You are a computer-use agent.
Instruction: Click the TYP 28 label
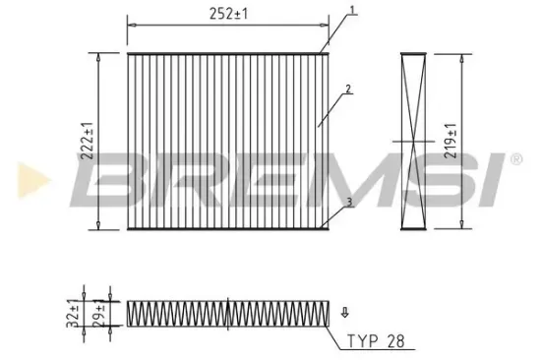click(x=376, y=343)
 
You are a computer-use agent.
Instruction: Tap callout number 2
click(x=349, y=90)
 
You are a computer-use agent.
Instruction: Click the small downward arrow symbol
click(x=344, y=315)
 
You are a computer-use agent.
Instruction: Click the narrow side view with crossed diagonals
click(x=411, y=142)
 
